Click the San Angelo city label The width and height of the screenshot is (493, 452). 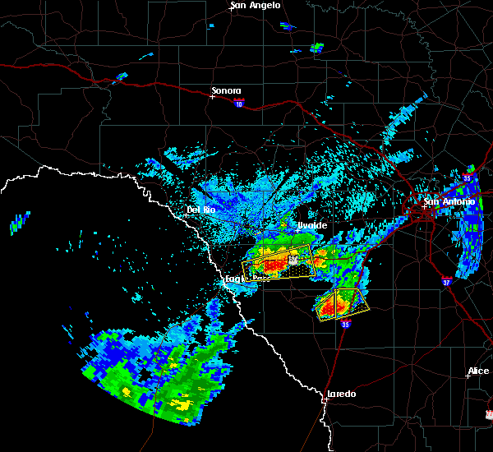coord(255,6)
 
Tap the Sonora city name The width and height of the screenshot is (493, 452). coord(226,90)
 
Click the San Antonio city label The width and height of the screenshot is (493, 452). coord(449,201)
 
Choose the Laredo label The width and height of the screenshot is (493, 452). coord(342,394)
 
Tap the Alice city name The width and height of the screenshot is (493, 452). coord(478,371)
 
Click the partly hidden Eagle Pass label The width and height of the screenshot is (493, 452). coord(234,279)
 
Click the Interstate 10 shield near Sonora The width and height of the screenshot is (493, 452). coord(238,103)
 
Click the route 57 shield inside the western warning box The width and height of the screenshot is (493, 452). coord(292,260)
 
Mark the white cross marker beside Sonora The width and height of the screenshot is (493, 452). coord(212,96)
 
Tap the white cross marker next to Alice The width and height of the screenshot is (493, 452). coord(468,376)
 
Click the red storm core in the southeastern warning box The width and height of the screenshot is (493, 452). coord(332,307)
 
